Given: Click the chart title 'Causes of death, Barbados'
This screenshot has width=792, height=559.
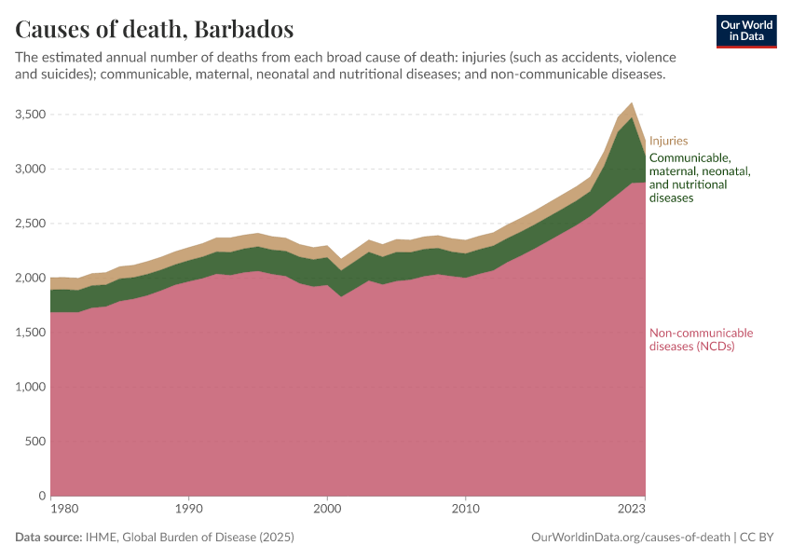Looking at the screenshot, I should [154, 29].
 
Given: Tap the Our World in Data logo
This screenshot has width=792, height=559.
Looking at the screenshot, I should [746, 31].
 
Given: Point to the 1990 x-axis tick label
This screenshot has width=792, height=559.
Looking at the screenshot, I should [189, 510].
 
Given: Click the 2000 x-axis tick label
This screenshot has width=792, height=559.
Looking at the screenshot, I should [327, 510].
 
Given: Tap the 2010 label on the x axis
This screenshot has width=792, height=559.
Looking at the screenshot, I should [465, 510].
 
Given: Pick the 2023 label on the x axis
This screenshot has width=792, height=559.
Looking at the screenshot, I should [632, 510].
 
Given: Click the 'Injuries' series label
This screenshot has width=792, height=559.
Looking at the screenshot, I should [668, 142].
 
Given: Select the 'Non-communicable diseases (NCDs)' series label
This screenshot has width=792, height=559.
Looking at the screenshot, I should [701, 340].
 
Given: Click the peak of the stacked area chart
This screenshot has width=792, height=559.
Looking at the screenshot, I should [632, 102].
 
